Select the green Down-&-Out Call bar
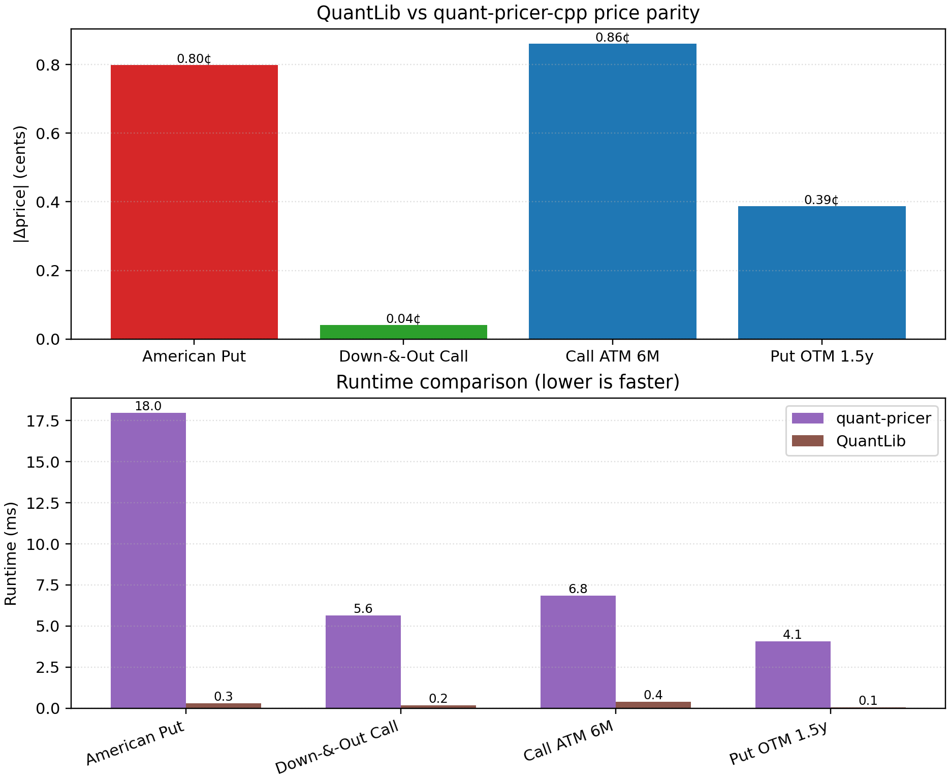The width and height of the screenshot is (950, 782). click(403, 332)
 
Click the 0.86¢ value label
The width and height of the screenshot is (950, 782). click(612, 38)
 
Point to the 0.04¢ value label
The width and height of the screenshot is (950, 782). click(403, 319)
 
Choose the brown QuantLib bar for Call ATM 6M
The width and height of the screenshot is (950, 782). click(653, 705)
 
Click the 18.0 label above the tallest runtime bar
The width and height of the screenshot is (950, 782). click(148, 406)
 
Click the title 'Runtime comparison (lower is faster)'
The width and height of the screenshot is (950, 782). click(508, 382)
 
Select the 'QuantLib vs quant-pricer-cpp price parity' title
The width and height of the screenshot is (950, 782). click(508, 13)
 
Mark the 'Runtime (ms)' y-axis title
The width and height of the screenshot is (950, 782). click(11, 553)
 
